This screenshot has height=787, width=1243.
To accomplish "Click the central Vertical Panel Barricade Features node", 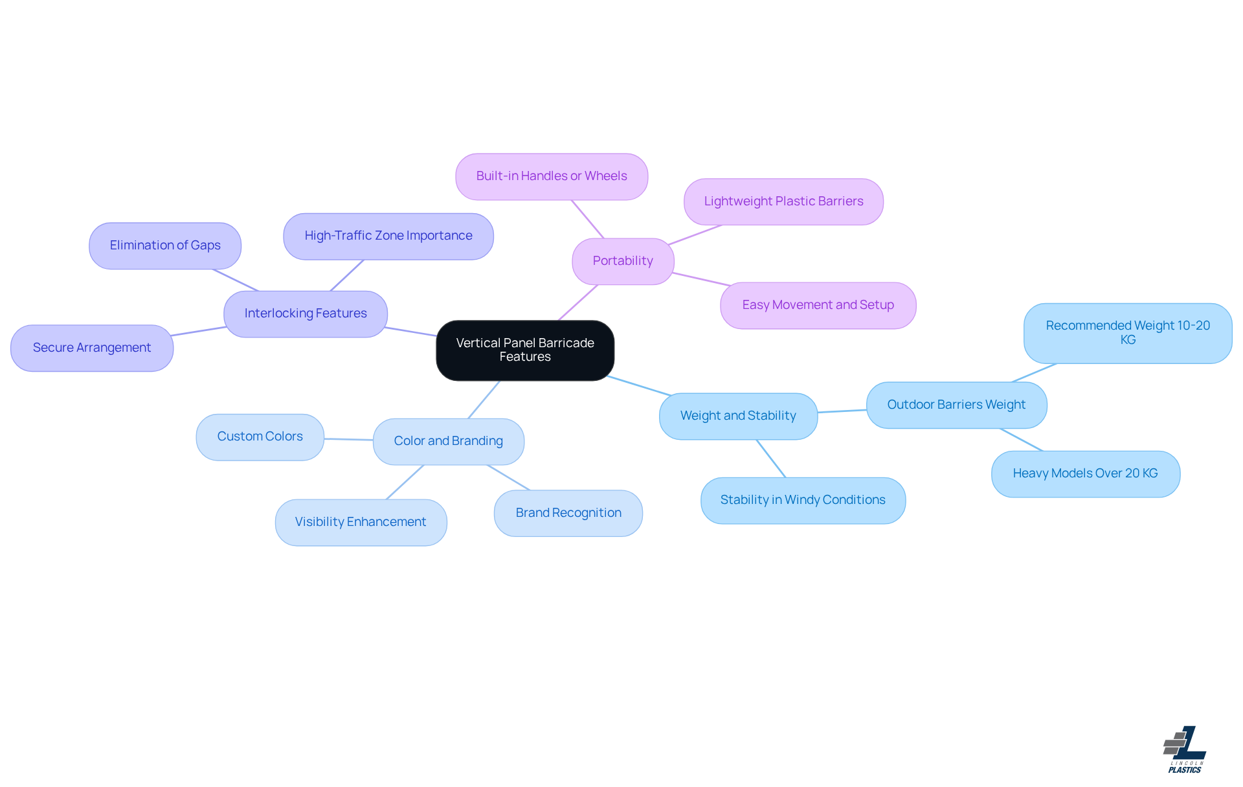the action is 525,350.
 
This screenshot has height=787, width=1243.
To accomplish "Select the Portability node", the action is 623,261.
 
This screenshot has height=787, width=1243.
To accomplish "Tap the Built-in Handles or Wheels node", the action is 552,176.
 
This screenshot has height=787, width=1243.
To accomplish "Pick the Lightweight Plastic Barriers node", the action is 783,201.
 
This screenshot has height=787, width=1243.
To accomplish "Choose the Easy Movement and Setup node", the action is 818,305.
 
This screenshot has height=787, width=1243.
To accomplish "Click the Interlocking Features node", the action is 306,314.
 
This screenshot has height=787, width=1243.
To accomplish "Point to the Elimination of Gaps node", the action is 165,245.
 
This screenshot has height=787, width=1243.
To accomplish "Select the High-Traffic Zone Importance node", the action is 388,236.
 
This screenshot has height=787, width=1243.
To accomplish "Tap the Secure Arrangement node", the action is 92,348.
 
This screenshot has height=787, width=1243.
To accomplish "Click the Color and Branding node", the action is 449,441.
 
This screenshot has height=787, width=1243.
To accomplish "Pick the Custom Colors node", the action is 260,437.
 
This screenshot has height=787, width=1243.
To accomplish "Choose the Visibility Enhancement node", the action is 361,522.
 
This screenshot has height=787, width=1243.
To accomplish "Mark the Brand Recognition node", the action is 568,513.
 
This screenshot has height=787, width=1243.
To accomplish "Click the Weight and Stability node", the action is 738,416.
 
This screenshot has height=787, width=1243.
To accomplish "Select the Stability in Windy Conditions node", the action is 803,500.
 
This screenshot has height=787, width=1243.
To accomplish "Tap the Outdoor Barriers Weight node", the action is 956,405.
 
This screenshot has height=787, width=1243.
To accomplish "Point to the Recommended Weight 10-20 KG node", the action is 1128,333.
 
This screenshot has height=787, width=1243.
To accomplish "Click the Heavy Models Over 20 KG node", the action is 1085,473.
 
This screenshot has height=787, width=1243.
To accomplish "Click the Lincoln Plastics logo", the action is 1185,749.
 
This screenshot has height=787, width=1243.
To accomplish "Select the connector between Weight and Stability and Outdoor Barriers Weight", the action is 842,411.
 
